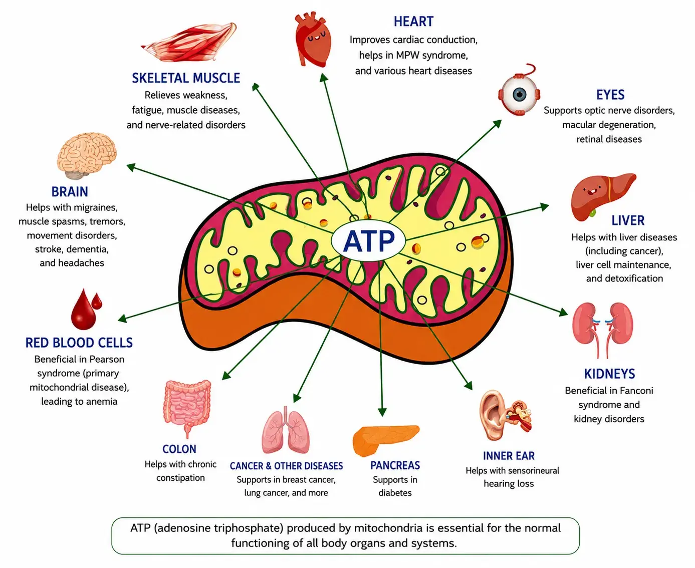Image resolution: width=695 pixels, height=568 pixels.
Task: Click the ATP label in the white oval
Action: click(x=369, y=240)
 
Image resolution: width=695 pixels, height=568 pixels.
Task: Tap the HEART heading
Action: click(x=413, y=22)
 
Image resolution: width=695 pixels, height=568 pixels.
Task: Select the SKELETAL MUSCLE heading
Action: click(x=186, y=78)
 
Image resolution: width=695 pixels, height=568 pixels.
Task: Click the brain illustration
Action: click(x=87, y=155)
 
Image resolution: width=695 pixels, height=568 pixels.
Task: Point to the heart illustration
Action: click(x=312, y=39)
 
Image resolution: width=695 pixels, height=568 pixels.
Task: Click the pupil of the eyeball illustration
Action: click(x=520, y=95)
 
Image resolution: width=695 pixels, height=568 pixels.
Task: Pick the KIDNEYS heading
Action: click(x=609, y=374)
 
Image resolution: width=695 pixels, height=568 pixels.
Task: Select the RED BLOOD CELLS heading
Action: click(x=79, y=343)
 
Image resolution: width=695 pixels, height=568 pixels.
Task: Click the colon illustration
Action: click(x=187, y=409)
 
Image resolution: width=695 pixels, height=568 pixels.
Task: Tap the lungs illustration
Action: click(x=286, y=431)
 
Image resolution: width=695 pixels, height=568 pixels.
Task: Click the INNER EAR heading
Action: click(x=509, y=456)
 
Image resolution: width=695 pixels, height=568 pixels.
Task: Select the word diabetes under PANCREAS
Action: click(x=395, y=492)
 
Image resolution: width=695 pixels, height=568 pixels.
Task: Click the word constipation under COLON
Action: click(x=180, y=478)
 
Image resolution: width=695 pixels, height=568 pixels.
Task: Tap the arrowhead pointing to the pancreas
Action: click(x=382, y=412)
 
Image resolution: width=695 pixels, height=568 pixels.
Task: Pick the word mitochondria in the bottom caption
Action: click(x=388, y=528)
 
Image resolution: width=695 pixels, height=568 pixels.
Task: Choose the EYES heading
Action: click(x=610, y=95)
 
